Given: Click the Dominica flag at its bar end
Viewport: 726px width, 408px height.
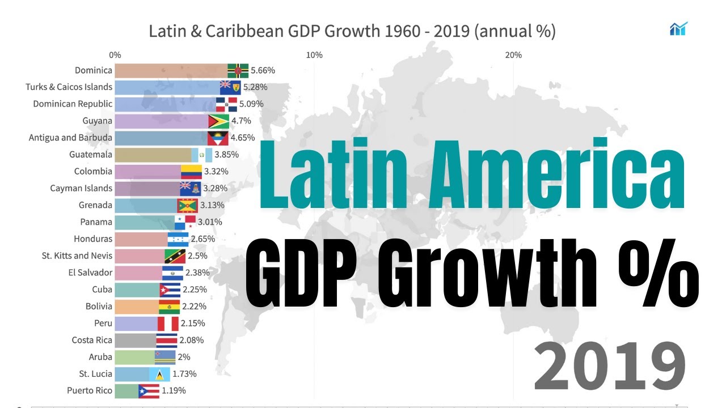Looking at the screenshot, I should point(238,71).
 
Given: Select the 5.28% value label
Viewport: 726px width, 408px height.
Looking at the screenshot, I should point(255,87).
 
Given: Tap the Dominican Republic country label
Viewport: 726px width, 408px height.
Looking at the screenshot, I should point(73,104).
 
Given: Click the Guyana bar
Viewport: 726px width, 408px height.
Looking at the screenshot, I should point(162,121).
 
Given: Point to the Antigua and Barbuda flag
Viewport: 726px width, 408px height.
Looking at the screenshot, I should point(217,138).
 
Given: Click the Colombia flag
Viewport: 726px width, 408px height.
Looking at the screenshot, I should point(192,172).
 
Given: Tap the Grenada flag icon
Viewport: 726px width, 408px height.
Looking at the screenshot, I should point(187,205).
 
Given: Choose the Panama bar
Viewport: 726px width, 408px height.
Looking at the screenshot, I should point(145,222).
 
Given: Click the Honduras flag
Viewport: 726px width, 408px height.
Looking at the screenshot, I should point(179,239).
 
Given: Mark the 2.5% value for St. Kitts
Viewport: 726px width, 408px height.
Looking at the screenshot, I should point(197,256).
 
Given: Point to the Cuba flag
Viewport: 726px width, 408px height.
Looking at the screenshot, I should point(170,290).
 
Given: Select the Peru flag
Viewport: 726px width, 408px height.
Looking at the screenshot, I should point(168,324).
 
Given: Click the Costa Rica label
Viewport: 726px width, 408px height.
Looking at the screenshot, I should point(92,340).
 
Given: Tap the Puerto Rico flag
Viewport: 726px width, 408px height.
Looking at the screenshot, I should point(149,391).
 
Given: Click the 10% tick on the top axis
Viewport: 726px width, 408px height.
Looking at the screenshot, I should point(314,55).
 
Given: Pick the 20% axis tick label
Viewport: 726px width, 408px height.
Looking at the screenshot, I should point(513,55).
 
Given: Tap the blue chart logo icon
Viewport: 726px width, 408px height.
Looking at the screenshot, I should point(678,29).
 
